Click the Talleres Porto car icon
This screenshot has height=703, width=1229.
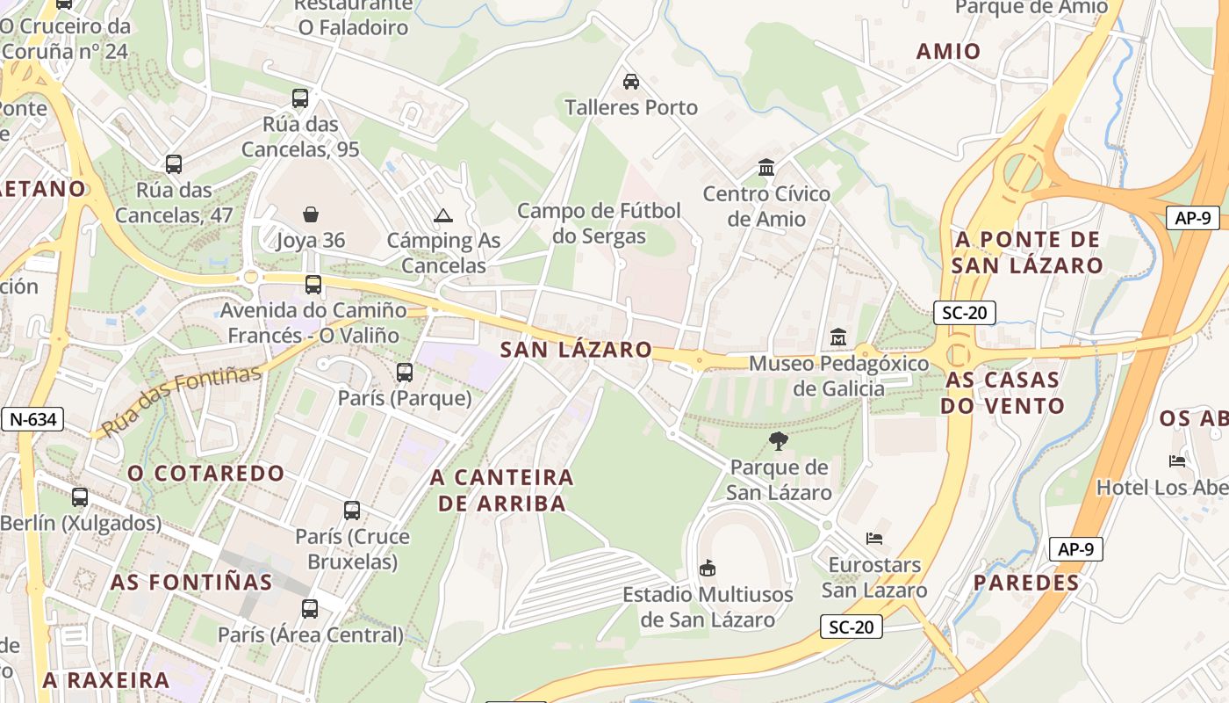tap(630, 82)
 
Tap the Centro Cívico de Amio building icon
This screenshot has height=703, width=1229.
tap(766, 167)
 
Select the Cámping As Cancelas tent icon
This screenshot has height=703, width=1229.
tap(443, 215)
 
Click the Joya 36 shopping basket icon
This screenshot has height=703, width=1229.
tap(311, 214)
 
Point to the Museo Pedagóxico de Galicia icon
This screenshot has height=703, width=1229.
tap(838, 337)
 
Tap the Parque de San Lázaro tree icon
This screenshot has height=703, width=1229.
tap(779, 441)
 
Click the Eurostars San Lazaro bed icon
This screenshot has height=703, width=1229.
tap(874, 538)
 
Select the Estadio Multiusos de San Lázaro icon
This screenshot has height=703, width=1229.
tap(708, 569)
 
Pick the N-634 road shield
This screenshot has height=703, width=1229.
tap(32, 419)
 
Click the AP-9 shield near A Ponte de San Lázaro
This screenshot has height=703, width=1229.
tap(1192, 218)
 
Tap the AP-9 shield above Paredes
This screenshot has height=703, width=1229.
tap(1075, 549)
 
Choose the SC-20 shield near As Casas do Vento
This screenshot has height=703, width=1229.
tap(964, 312)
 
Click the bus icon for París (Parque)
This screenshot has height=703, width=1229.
tap(405, 373)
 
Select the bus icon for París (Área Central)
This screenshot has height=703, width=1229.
tap(310, 609)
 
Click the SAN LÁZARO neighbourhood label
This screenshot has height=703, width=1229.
tap(576, 350)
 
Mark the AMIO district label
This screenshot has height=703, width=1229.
tap(948, 51)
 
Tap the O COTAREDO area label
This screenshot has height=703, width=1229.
tap(206, 474)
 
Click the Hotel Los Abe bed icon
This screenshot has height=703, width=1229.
tap(1177, 460)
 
